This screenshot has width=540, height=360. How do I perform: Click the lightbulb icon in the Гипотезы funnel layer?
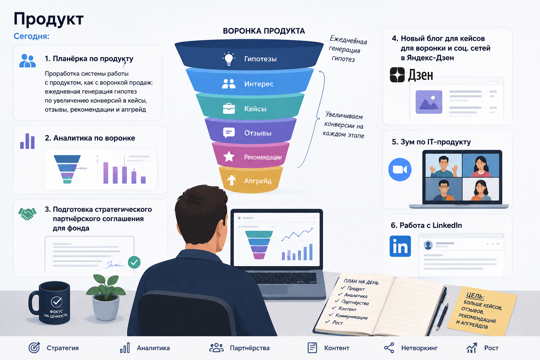(229, 59)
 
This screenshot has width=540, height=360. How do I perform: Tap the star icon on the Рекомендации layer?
(229, 157)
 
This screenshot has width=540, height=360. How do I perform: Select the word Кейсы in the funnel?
(255, 109)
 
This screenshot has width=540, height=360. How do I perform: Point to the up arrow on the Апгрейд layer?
(231, 180)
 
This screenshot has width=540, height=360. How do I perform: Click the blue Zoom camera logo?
(400, 169)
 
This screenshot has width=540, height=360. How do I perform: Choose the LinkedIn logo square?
(400, 246)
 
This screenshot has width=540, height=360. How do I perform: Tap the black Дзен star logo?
(397, 75)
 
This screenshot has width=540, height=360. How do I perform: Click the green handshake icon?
(27, 214)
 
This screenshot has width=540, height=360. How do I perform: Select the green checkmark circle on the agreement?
(134, 262)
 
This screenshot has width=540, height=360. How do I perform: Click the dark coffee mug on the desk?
(50, 303)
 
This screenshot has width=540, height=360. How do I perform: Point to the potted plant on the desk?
(106, 297)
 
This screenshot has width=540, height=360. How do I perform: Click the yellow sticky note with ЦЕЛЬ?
(482, 311)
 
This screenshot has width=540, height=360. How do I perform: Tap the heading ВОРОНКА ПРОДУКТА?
(264, 31)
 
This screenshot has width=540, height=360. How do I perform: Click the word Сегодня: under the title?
(31, 36)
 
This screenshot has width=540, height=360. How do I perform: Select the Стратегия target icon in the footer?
(34, 348)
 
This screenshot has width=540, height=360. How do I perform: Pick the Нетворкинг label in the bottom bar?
(419, 348)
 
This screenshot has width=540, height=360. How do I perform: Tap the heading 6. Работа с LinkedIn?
(426, 225)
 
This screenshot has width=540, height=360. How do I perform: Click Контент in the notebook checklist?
(347, 309)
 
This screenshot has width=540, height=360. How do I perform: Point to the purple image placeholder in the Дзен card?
(429, 102)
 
